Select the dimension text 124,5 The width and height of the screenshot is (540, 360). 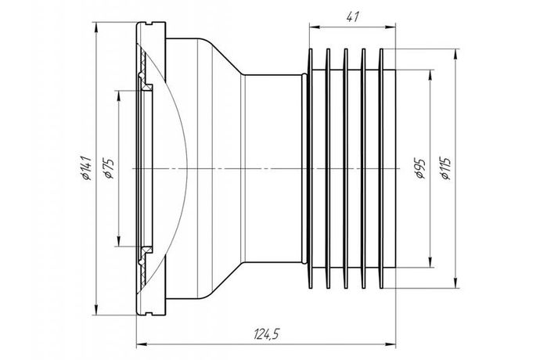tap(266, 335)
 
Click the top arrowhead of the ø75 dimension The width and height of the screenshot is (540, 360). tap(117, 93)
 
